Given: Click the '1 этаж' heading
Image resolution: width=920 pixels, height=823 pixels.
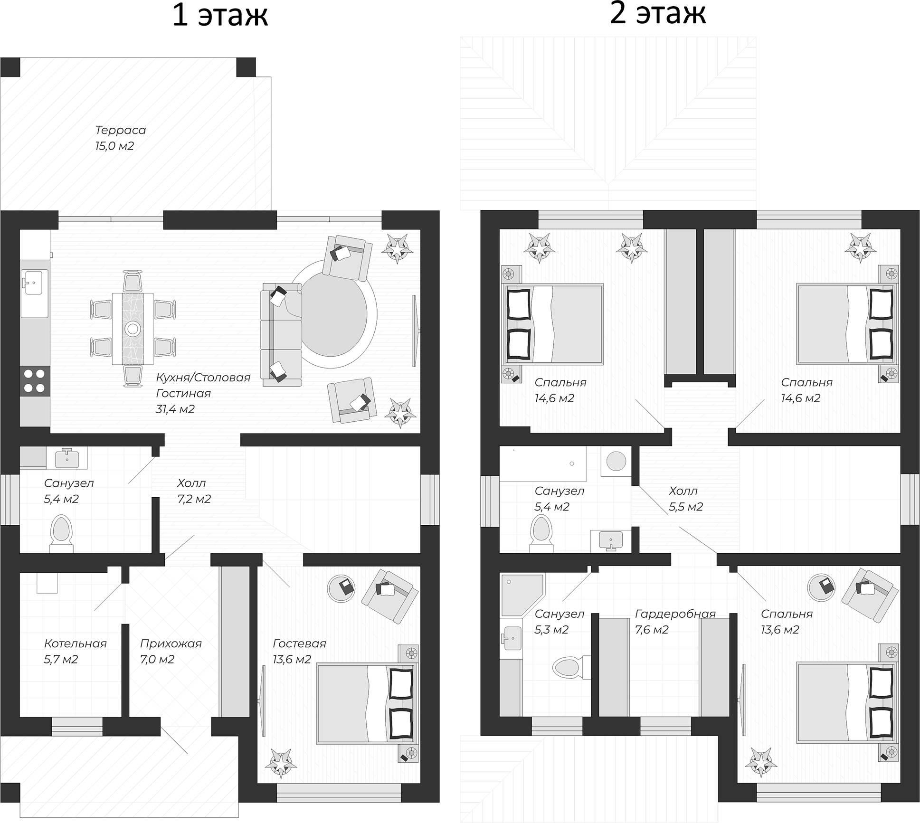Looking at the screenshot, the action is (x=220, y=15).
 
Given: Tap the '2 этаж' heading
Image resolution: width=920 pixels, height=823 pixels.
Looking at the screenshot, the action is (x=658, y=13).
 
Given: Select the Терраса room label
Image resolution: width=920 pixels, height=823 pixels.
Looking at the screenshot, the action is (x=121, y=130).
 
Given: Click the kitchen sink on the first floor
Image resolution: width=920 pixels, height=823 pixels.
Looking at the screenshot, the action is (x=34, y=286).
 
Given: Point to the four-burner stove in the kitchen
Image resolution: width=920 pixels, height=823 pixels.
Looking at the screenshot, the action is (x=34, y=381).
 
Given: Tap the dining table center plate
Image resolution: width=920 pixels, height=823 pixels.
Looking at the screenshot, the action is (x=133, y=329).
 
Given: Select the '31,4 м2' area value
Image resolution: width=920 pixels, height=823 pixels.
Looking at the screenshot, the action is (x=175, y=409).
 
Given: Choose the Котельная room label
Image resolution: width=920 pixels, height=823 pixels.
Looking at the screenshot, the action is (x=75, y=643).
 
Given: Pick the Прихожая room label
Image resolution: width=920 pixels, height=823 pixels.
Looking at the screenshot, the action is (x=171, y=643).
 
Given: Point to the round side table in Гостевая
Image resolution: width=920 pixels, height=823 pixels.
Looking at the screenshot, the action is (x=341, y=589).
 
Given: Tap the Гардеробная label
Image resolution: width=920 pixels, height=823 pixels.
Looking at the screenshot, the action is (x=675, y=614).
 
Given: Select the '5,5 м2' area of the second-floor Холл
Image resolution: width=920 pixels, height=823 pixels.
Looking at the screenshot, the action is (x=686, y=507).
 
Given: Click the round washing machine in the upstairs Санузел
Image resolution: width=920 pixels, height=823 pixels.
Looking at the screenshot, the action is (x=616, y=461).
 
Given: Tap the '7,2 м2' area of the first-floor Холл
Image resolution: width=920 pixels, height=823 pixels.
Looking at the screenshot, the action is (x=194, y=499).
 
